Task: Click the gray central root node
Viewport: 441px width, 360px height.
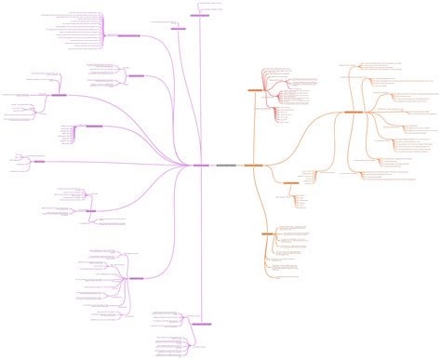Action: click(x=226, y=166)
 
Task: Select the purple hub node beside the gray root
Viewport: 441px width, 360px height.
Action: click(x=201, y=166)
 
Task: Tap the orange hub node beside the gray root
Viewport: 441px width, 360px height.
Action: click(x=253, y=166)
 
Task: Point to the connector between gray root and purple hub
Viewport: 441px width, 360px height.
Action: click(x=213, y=166)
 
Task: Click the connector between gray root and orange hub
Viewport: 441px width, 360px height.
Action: click(x=240, y=166)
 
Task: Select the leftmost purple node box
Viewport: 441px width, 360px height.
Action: click(x=39, y=162)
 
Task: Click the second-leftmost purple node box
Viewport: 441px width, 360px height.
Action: click(x=59, y=95)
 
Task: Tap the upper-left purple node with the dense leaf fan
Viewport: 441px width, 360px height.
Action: click(x=128, y=35)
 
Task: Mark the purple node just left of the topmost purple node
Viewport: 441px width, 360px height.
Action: click(x=179, y=29)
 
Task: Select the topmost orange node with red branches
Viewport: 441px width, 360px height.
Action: click(x=255, y=90)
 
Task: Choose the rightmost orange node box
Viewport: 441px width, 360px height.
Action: click(x=354, y=113)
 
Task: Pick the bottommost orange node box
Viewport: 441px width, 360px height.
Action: click(x=268, y=233)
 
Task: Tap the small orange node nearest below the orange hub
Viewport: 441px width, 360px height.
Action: click(x=289, y=183)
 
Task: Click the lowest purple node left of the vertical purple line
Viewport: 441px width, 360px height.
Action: click(x=136, y=278)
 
